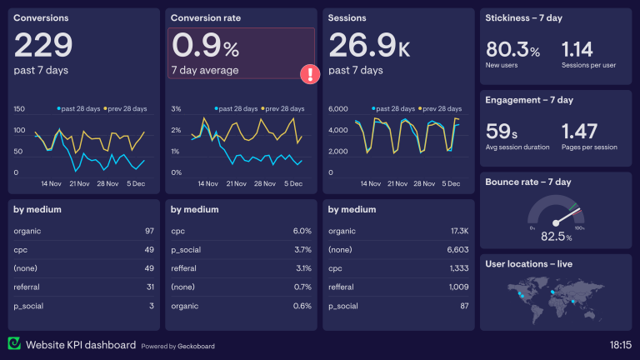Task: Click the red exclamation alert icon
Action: point(310,73)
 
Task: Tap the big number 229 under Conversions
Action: point(43,45)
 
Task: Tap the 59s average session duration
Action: point(502,131)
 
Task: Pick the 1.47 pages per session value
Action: point(580,131)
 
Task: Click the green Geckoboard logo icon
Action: point(15,343)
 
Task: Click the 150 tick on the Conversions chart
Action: point(19,109)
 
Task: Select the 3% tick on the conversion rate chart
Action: point(176,109)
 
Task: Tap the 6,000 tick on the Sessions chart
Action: point(337,109)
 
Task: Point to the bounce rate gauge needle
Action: point(564,212)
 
